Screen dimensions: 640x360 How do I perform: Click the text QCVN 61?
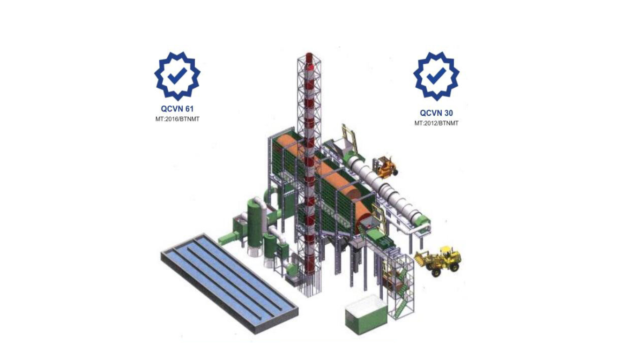tap(177, 109)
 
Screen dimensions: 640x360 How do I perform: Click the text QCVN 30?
tap(436, 113)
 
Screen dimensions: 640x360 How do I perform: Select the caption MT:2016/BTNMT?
tap(177, 119)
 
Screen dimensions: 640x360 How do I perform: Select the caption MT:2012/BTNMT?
tap(436, 123)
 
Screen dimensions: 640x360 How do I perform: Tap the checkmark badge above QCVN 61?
tap(177, 75)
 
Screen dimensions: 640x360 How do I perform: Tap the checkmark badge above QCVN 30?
tap(436, 75)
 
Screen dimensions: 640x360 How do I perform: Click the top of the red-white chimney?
tap(309, 55)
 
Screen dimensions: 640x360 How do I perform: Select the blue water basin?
tap(230, 283)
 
